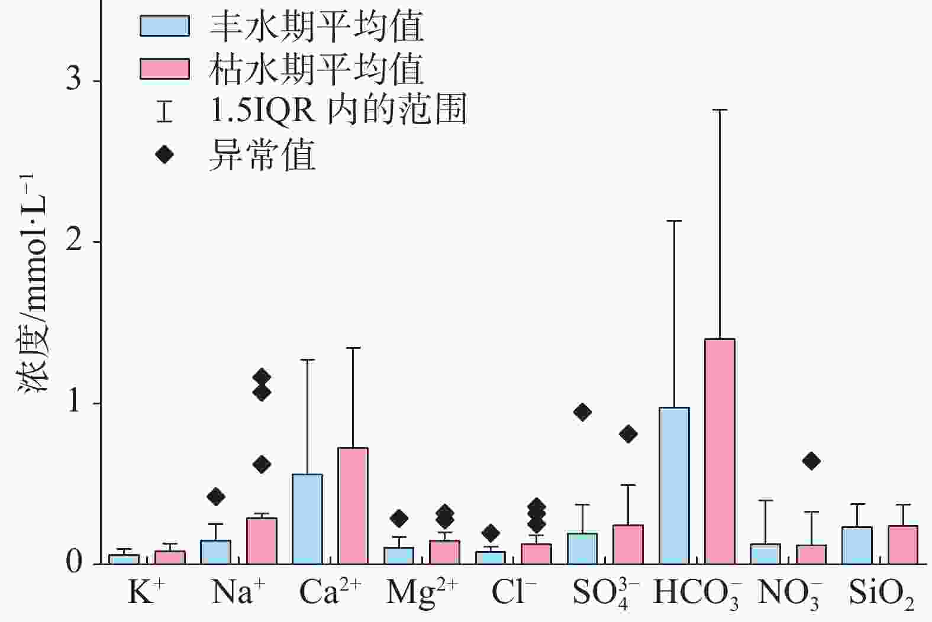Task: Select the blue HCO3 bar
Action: [674, 485]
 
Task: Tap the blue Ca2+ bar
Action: [307, 519]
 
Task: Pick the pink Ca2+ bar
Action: [353, 506]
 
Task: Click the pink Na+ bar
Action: [262, 540]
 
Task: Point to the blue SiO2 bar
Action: [857, 545]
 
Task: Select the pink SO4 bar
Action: [628, 544]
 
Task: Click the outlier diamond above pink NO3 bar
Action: [811, 461]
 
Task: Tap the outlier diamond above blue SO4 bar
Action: [582, 412]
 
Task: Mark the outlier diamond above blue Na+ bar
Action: [216, 497]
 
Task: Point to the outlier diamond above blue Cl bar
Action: [491, 533]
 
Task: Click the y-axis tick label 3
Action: [73, 80]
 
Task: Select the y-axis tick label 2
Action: [73, 241]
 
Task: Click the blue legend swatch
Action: [165, 26]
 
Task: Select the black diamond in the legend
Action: [165, 155]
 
